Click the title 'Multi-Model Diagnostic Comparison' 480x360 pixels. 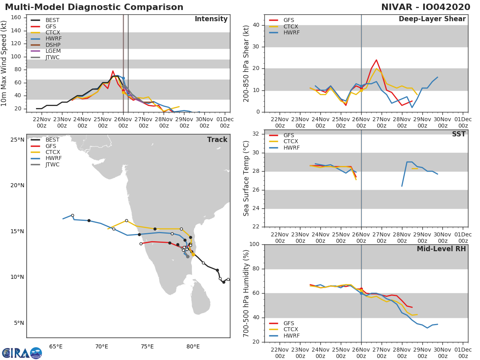94,7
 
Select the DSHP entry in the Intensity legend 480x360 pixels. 53,45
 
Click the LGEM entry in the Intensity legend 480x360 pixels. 53,51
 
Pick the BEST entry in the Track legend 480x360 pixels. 52,140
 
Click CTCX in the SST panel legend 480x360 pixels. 291,141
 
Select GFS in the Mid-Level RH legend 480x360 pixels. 291,323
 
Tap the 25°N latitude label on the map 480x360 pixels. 17,140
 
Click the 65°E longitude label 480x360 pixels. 56,346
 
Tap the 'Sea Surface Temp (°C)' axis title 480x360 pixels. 246,178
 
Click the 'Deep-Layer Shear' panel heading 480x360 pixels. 432,19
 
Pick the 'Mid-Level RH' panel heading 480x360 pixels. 441,249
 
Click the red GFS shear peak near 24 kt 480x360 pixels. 376,60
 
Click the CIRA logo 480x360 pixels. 22,353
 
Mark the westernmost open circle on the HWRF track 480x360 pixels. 72,215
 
